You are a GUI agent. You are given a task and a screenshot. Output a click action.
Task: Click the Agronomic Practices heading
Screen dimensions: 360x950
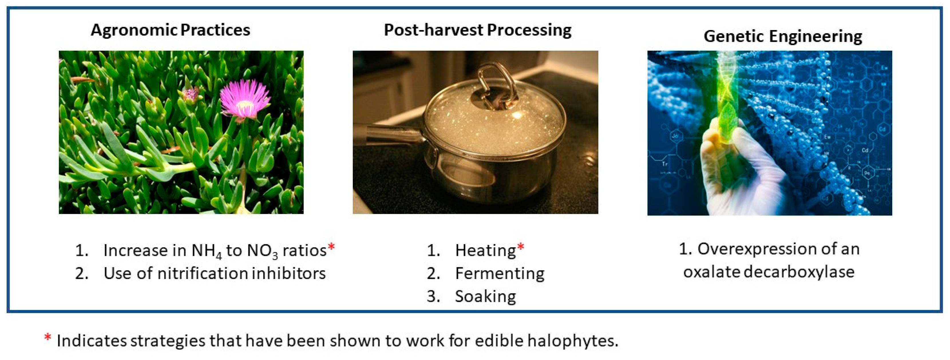(170, 30)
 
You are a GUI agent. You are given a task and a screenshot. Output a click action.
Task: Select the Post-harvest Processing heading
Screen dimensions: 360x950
(477, 30)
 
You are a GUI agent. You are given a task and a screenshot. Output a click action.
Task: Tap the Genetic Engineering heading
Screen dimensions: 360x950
(783, 36)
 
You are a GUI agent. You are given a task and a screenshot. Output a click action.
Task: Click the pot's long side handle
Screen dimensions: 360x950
(391, 133)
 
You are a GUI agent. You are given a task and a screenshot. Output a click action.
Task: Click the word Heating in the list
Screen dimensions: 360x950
(485, 250)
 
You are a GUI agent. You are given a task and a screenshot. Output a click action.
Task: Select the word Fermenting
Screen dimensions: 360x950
(499, 274)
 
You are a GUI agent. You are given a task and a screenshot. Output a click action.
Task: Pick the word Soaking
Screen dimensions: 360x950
(485, 296)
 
